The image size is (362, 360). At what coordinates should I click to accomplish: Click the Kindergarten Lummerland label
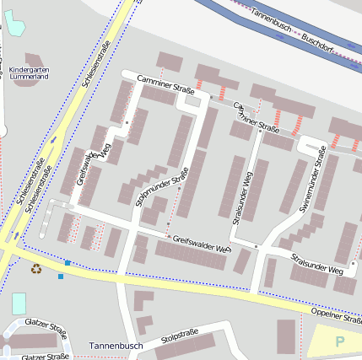click(29, 73)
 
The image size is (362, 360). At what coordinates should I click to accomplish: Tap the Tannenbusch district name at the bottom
click(116, 346)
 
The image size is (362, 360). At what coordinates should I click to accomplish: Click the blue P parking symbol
click(340, 341)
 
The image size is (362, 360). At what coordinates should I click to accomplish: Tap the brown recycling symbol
click(36, 269)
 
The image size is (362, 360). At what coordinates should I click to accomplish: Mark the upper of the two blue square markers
click(68, 263)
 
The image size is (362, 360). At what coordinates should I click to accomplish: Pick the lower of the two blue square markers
click(61, 276)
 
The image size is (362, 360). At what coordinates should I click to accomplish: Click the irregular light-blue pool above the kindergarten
click(14, 23)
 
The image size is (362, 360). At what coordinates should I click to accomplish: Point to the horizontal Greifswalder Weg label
click(202, 244)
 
